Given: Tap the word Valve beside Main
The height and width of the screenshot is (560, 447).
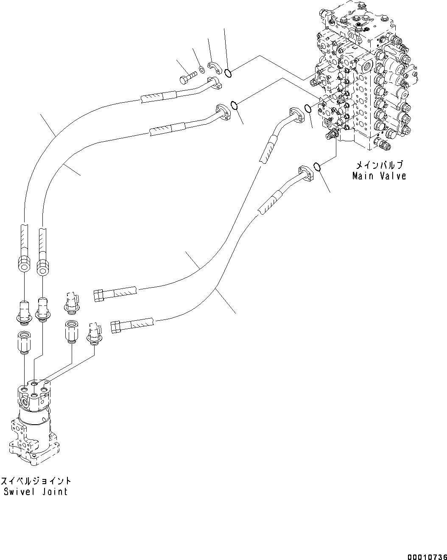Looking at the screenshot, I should coord(392,176).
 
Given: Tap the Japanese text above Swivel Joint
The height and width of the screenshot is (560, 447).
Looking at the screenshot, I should coord(36,481).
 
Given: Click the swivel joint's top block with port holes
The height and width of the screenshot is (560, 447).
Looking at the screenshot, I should coord(35,395).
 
